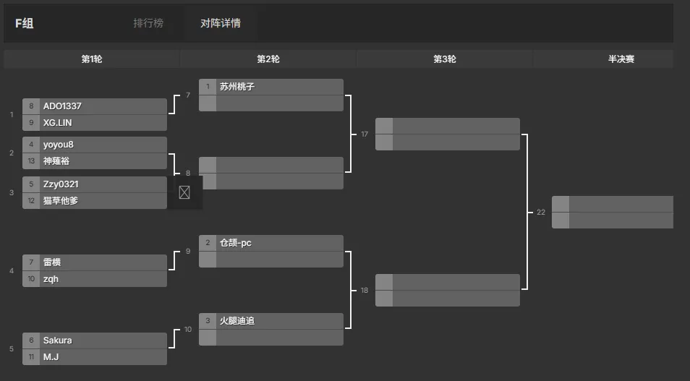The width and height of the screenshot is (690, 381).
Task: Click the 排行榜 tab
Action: coord(148,23)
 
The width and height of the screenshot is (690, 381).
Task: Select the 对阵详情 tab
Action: coord(221,23)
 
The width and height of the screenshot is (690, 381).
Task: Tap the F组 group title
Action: coord(24,23)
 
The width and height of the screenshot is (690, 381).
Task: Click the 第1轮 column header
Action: coord(92,59)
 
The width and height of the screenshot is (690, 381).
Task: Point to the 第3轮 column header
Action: coord(445,59)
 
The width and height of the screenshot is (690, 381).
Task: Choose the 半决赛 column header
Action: coord(621,59)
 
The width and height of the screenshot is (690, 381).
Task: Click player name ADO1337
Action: coord(62,106)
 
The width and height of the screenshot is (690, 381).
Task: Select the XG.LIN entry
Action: coord(57,123)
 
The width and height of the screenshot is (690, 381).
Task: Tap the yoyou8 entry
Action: coord(58,145)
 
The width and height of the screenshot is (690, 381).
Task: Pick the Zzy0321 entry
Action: coord(61,184)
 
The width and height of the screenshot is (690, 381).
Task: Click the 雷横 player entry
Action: coord(52,262)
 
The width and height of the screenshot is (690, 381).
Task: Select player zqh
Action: coord(51,279)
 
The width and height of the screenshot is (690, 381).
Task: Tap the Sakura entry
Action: coord(57,340)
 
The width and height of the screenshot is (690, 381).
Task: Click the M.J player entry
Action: coord(51,357)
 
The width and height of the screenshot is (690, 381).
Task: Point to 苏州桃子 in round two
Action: coord(237,87)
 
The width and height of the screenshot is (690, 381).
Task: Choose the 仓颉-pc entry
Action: coord(236,243)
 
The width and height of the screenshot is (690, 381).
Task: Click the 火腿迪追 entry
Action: coord(237,321)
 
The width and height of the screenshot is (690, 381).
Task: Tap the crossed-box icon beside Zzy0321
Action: coord(184,192)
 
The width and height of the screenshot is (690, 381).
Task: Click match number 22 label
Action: coord(541,212)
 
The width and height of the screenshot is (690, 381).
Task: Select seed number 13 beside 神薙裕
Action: coord(31,161)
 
